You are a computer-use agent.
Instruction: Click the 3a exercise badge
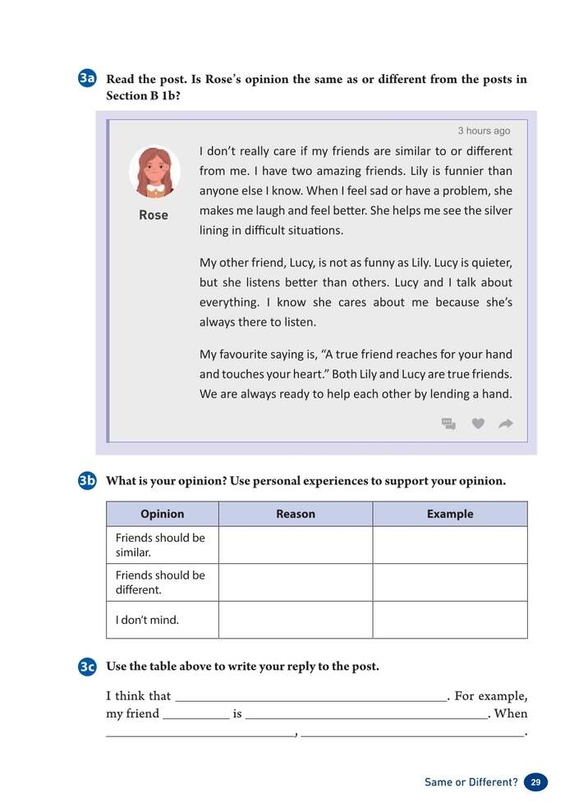click(x=88, y=79)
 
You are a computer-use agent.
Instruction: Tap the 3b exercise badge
click(x=88, y=481)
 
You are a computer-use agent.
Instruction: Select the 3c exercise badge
click(x=88, y=667)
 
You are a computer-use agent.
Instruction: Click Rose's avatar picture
click(x=154, y=172)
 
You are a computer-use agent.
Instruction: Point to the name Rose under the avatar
click(x=154, y=215)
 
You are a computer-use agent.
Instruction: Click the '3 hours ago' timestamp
click(x=484, y=131)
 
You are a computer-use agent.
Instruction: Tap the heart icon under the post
click(x=478, y=424)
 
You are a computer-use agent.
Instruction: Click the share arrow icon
click(x=506, y=424)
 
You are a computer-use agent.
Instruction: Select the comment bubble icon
click(x=448, y=424)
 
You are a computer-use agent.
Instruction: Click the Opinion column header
click(x=163, y=514)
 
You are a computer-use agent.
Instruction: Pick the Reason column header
click(x=296, y=514)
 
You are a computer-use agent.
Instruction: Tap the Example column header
click(x=450, y=514)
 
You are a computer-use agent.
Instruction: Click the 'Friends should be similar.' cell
click(x=163, y=545)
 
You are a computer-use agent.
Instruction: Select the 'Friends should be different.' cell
click(x=163, y=582)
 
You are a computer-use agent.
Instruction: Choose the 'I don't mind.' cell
click(x=163, y=620)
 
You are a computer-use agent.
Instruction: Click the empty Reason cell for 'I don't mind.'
click(x=296, y=620)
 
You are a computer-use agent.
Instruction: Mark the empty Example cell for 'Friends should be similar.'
click(x=450, y=545)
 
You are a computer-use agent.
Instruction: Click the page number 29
click(x=535, y=782)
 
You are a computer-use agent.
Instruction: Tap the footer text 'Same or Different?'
click(x=471, y=782)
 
